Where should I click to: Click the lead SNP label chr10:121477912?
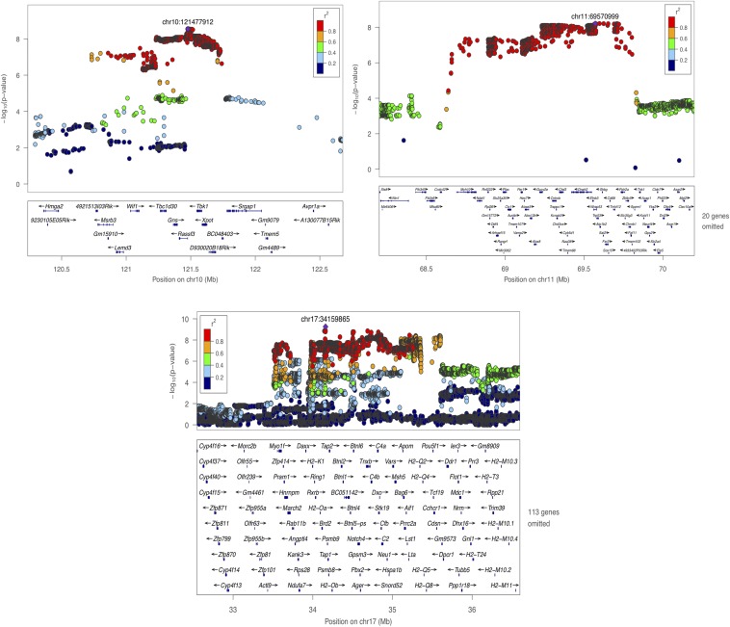pyautogui.click(x=188, y=20)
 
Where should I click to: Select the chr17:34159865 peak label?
pyautogui.click(x=327, y=318)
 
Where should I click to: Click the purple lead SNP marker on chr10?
pyautogui.click(x=189, y=31)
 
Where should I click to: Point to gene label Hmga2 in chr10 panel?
pyautogui.click(x=52, y=206)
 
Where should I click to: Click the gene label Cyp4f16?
pyautogui.click(x=209, y=446)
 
